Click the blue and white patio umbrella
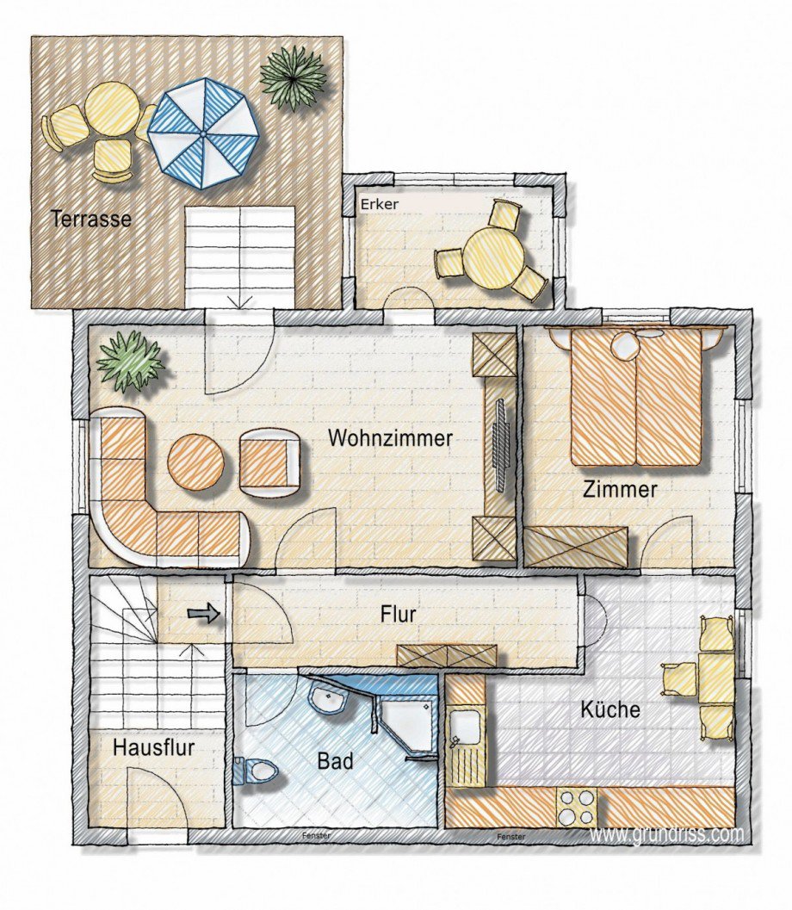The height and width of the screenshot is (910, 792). [203, 133]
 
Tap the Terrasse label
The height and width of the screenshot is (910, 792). [91, 219]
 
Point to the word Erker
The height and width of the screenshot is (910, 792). [380, 204]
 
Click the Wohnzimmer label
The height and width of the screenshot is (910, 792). [390, 437]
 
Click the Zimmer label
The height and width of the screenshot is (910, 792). [620, 489]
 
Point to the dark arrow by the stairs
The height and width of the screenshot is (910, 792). [204, 614]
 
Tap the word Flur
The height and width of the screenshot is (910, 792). [398, 614]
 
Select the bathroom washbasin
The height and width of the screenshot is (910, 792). [329, 696]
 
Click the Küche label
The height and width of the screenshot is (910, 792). [610, 709]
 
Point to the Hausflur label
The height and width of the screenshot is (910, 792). [153, 747]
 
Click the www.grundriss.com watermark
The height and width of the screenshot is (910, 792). [666, 834]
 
